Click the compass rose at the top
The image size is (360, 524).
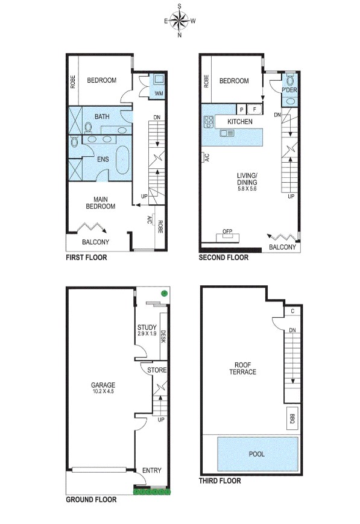click(179, 21)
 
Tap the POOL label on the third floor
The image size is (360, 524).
click(257, 454)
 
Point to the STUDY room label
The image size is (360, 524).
click(147, 327)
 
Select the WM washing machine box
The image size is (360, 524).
click(159, 93)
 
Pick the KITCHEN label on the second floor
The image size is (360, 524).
click(239, 121)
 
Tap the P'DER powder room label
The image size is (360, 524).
click(289, 90)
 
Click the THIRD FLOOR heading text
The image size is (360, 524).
click(220, 481)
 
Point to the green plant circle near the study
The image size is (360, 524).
click(163, 293)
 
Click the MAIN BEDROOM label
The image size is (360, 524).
click(99, 203)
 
